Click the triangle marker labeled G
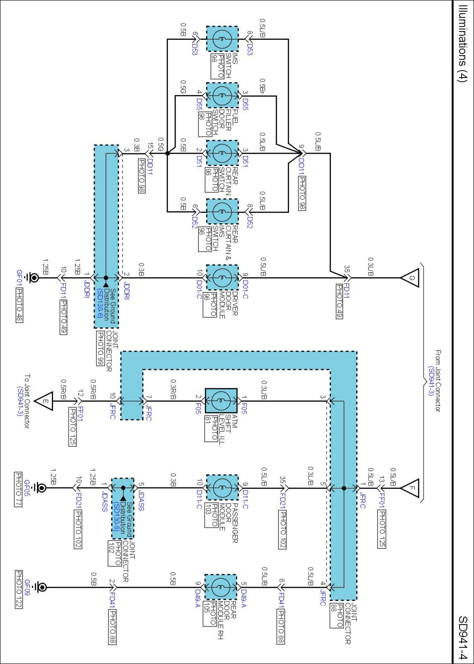tap(411, 278)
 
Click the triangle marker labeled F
tap(411, 488)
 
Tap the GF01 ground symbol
tap(33, 278)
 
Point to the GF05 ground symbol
tap(41, 488)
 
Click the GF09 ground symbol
tap(41, 587)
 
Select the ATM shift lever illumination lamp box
tap(221, 401)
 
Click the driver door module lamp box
tap(222, 278)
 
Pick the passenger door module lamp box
tap(222, 488)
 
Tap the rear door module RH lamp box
tap(220, 587)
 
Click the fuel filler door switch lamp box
tap(222, 96)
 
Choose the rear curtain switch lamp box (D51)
tap(222, 153)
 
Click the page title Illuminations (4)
tap(463, 43)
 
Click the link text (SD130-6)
tap(99, 303)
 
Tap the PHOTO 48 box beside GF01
tap(20, 305)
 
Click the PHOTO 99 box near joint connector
tap(100, 348)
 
